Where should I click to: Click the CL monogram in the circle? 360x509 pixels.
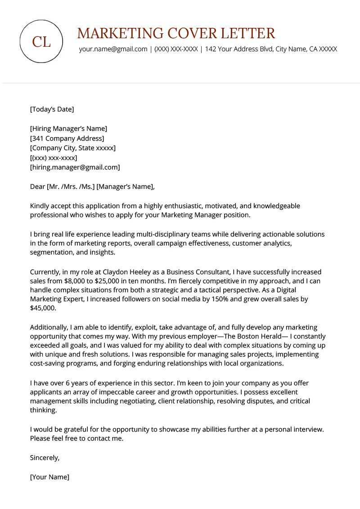click(x=41, y=42)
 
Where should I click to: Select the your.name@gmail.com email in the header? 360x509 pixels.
click(x=113, y=49)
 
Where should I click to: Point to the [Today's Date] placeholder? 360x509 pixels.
click(x=52, y=109)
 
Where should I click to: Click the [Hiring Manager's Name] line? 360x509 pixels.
click(x=68, y=129)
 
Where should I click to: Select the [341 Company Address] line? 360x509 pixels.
click(x=67, y=138)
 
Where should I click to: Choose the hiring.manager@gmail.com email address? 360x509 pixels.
click(x=75, y=167)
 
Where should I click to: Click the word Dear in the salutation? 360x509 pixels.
click(x=37, y=187)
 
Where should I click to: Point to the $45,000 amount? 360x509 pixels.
click(x=43, y=308)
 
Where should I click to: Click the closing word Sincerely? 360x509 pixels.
click(x=45, y=458)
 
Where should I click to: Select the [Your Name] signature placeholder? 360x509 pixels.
click(x=49, y=477)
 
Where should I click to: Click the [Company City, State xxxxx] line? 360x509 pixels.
click(x=73, y=148)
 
